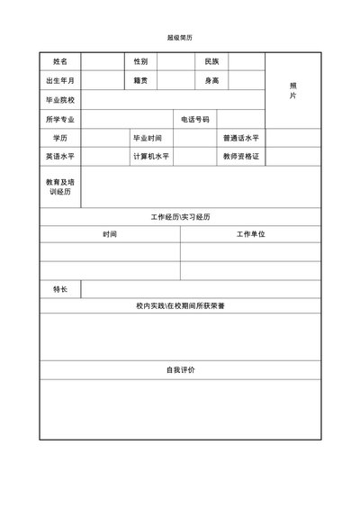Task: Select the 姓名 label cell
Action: [x=59, y=61]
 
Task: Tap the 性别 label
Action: [x=140, y=61]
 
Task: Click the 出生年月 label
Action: [x=59, y=81]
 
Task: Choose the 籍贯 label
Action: [x=140, y=81]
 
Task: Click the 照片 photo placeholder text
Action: [x=293, y=90]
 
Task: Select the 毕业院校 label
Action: [x=59, y=100]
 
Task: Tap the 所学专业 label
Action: [x=59, y=119]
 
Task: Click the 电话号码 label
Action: [x=194, y=119]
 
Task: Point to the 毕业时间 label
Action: [x=148, y=138]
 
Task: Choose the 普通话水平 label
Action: [x=240, y=138]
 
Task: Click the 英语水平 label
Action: [x=59, y=156]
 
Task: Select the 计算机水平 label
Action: [x=151, y=156]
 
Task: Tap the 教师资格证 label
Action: [x=240, y=156]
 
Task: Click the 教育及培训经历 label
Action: [x=59, y=186]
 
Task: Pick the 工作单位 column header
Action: [x=250, y=234]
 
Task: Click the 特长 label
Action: [x=59, y=289]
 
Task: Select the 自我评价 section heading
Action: [x=180, y=370]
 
